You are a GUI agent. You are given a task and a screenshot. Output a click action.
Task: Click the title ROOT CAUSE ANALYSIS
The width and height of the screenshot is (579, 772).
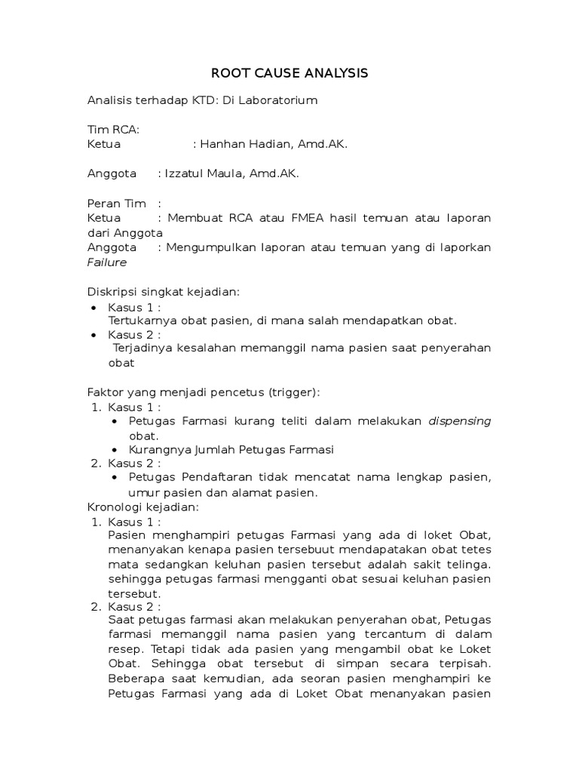(x=289, y=73)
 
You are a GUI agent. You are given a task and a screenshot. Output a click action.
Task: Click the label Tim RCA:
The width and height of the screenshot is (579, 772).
(x=113, y=130)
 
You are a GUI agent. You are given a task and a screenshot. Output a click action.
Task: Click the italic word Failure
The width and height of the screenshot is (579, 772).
(x=107, y=262)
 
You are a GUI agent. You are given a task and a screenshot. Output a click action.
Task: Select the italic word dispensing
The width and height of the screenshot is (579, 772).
(x=460, y=421)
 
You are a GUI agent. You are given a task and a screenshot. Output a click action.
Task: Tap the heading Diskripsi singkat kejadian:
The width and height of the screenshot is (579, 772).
(x=163, y=292)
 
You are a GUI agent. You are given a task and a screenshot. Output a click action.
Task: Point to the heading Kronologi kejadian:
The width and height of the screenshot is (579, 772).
(x=143, y=507)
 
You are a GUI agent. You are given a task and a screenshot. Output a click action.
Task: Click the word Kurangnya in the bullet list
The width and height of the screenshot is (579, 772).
(x=155, y=449)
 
